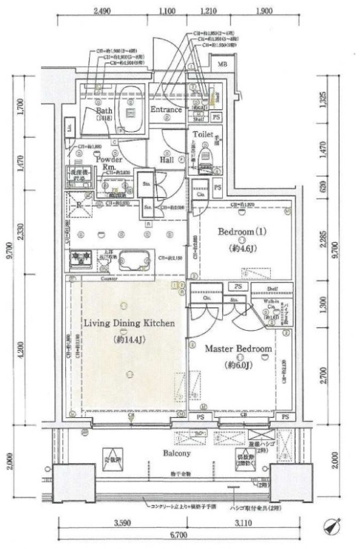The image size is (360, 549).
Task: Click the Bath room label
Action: pos(104,110)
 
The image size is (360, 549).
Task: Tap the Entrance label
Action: pos(165,110)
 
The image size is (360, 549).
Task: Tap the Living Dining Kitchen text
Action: pos(128,323)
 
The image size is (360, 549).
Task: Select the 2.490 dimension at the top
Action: pos(101,12)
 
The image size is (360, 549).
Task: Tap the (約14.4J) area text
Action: pos(128,339)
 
